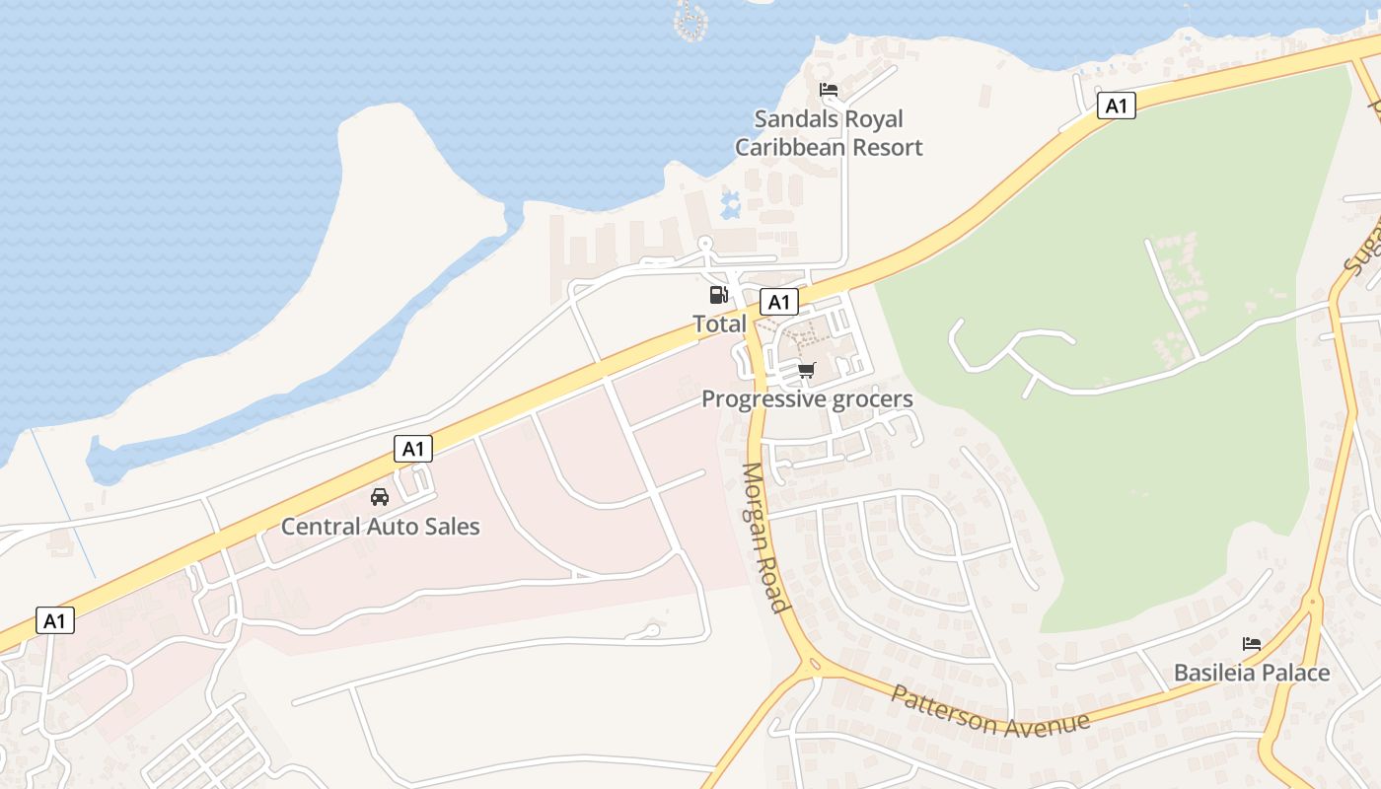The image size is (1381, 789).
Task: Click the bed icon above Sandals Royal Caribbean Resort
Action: click(829, 90)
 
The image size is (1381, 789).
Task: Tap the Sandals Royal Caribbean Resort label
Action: click(829, 133)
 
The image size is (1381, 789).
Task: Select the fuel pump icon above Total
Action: click(719, 294)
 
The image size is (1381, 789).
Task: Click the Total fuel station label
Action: click(719, 323)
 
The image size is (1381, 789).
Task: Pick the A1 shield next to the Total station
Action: click(779, 302)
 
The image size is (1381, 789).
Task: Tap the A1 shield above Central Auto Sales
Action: click(413, 449)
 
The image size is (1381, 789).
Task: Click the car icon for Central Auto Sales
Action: click(380, 497)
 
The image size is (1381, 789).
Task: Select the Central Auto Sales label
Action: click(380, 527)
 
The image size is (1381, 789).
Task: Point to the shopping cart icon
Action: click(807, 371)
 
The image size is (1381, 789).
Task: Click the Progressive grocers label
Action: click(807, 399)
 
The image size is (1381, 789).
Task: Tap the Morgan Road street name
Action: click(765, 538)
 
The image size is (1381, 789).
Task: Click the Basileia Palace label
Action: click(1251, 674)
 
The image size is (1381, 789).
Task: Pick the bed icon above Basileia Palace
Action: click(1252, 644)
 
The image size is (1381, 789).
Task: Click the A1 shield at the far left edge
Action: click(55, 620)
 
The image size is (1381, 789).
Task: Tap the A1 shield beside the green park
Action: click(1116, 106)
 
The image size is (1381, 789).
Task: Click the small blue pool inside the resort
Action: click(731, 205)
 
